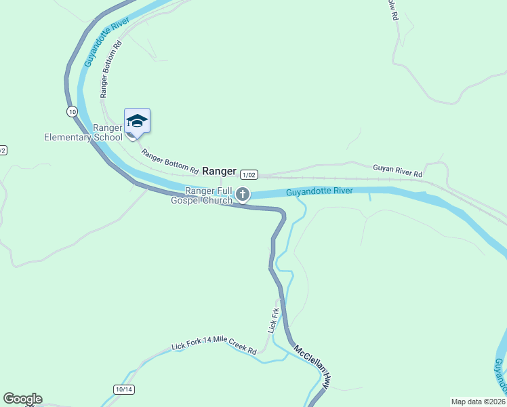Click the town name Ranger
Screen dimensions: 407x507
(219, 172)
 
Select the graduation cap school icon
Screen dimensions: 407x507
(137, 121)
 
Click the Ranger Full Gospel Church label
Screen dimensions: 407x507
(202, 195)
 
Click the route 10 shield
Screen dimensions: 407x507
(72, 110)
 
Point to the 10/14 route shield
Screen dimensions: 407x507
(124, 389)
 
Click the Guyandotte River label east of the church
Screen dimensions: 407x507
(319, 191)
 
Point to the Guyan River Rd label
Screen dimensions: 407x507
(397, 170)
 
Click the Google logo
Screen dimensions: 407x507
(22, 399)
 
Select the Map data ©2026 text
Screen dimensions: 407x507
(478, 402)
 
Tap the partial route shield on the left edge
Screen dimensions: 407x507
(2, 150)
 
